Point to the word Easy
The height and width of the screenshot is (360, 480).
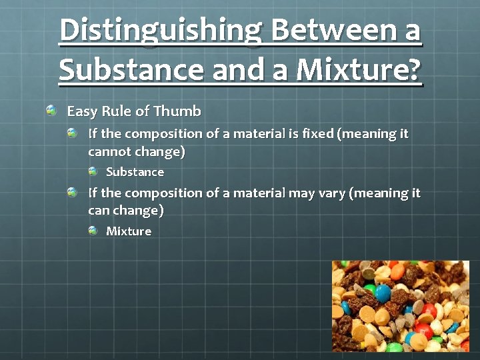(x=81, y=110)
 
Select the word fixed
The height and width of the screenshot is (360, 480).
(x=318, y=133)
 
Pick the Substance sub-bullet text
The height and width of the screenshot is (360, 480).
(x=135, y=172)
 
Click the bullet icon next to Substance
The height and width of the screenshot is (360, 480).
(x=93, y=171)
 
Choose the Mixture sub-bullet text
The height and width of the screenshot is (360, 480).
(x=129, y=231)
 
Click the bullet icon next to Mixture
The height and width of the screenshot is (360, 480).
(x=93, y=231)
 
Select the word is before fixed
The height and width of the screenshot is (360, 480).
(x=294, y=133)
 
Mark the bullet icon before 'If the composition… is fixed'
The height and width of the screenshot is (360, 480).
(x=73, y=133)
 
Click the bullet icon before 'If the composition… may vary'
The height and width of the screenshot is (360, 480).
(x=73, y=192)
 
